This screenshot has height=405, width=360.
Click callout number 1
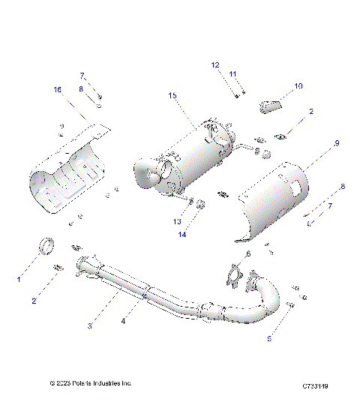[19, 278]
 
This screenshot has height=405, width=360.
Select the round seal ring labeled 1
[46, 245]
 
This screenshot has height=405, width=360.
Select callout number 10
[298, 86]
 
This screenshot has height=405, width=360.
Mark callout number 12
[214, 65]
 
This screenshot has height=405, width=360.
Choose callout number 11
[233, 73]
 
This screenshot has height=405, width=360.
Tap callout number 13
[178, 222]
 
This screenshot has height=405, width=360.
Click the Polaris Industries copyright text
[91, 382]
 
